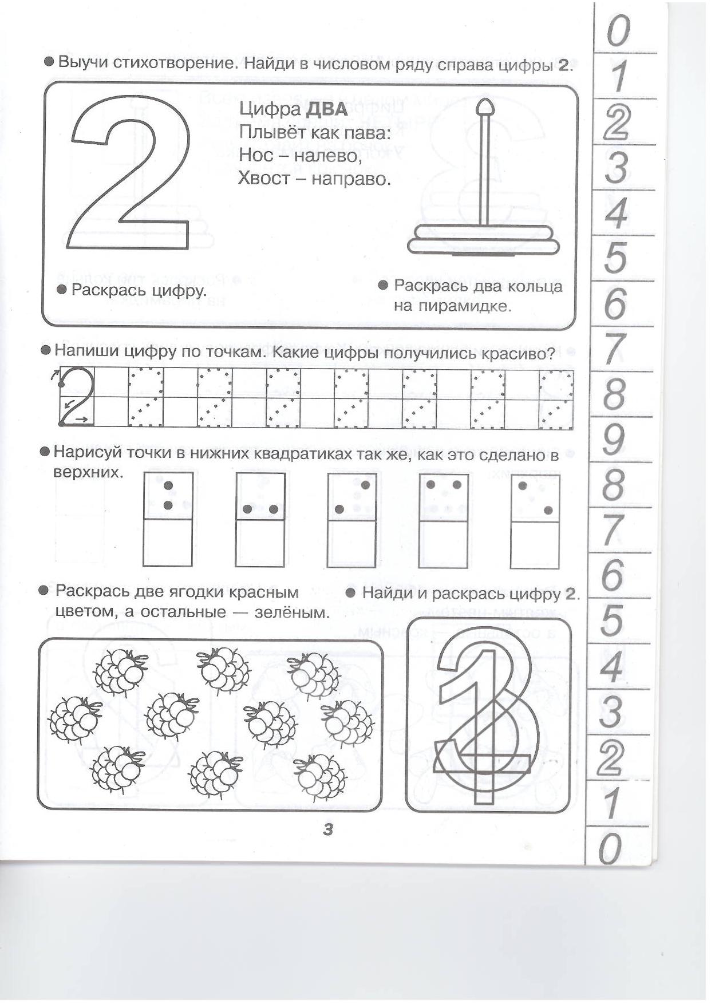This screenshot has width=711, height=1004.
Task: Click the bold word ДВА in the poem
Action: point(327,109)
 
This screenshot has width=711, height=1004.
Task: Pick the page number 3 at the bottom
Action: point(328,828)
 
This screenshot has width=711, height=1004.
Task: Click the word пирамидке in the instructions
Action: point(452,306)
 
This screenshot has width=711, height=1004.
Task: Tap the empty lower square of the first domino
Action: point(167,542)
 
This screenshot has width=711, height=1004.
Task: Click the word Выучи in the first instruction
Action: point(83,62)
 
